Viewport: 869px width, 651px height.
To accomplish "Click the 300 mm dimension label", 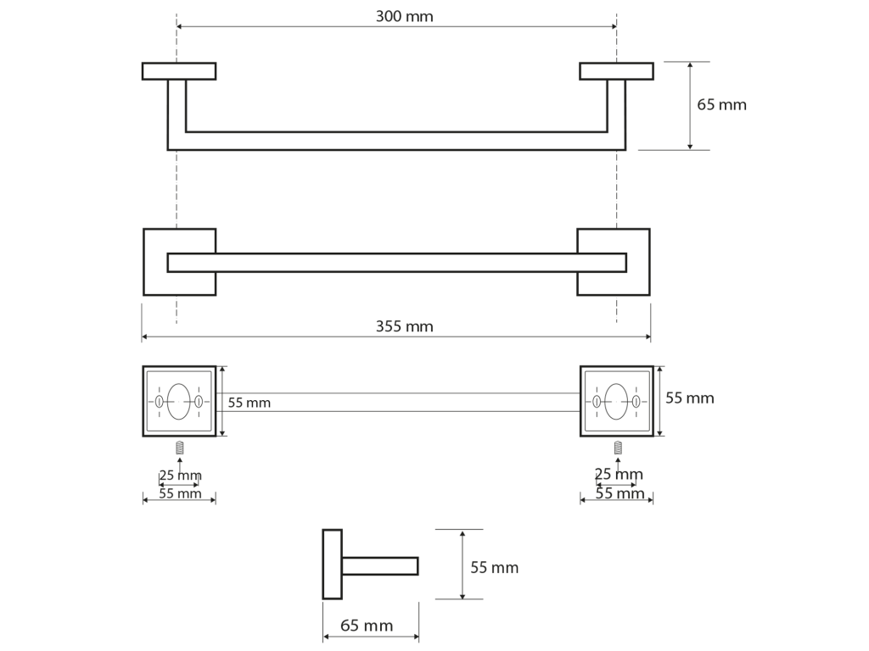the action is click(x=404, y=16).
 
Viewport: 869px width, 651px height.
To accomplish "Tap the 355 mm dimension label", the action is click(x=404, y=326).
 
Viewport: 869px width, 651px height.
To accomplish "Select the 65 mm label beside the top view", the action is click(x=721, y=104).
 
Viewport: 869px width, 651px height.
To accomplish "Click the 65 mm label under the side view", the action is click(x=367, y=626).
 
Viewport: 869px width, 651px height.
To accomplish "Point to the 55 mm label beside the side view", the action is click(x=495, y=567).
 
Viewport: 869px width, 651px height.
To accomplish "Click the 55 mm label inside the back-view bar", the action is click(x=249, y=403).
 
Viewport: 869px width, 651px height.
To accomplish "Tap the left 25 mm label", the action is click(x=180, y=475).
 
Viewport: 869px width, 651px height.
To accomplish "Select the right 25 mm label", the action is click(x=619, y=474).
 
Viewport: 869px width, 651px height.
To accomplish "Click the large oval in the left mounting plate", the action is click(x=178, y=401).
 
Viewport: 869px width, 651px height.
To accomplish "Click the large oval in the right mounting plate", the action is click(x=616, y=401).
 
